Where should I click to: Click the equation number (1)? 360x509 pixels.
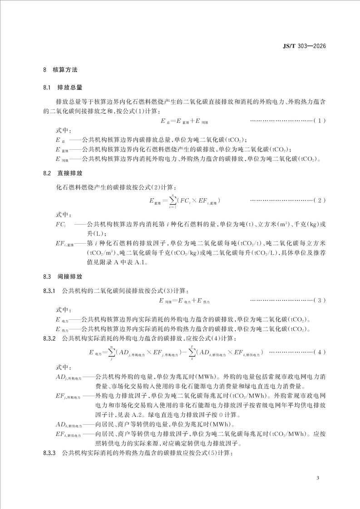point(320,121)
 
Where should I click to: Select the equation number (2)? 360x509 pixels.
point(320,200)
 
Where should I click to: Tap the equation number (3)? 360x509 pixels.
point(320,300)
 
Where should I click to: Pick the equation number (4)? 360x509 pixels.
point(320,352)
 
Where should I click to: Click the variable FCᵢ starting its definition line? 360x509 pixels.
point(61,225)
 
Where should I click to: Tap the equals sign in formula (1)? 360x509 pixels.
point(174,121)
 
